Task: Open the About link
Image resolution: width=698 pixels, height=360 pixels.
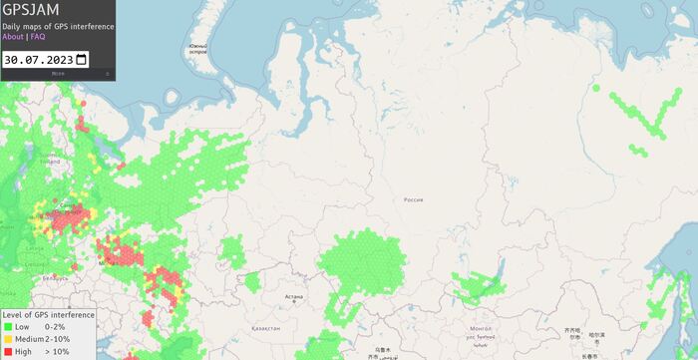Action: (x=13, y=37)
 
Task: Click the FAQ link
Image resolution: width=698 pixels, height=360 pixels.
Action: (x=38, y=37)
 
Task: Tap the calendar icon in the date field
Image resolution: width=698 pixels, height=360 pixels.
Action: (x=81, y=59)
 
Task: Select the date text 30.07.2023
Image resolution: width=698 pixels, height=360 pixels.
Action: (x=38, y=59)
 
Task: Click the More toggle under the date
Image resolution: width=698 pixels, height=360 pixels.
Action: (x=58, y=73)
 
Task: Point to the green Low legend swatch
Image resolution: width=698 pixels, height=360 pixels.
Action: (x=8, y=327)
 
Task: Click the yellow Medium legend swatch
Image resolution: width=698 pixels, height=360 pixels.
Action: (x=8, y=339)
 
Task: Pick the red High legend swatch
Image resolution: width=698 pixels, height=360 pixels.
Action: (x=8, y=351)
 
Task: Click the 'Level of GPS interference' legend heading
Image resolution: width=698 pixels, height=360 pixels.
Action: (x=48, y=315)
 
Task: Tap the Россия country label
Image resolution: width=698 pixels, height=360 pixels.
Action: (x=413, y=200)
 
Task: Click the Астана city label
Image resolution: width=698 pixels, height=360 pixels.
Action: (x=293, y=296)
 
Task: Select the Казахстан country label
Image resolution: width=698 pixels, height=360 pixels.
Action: (x=265, y=327)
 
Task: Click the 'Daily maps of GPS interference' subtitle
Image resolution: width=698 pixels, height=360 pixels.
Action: (x=58, y=26)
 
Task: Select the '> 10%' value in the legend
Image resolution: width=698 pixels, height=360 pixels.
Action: (x=58, y=351)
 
